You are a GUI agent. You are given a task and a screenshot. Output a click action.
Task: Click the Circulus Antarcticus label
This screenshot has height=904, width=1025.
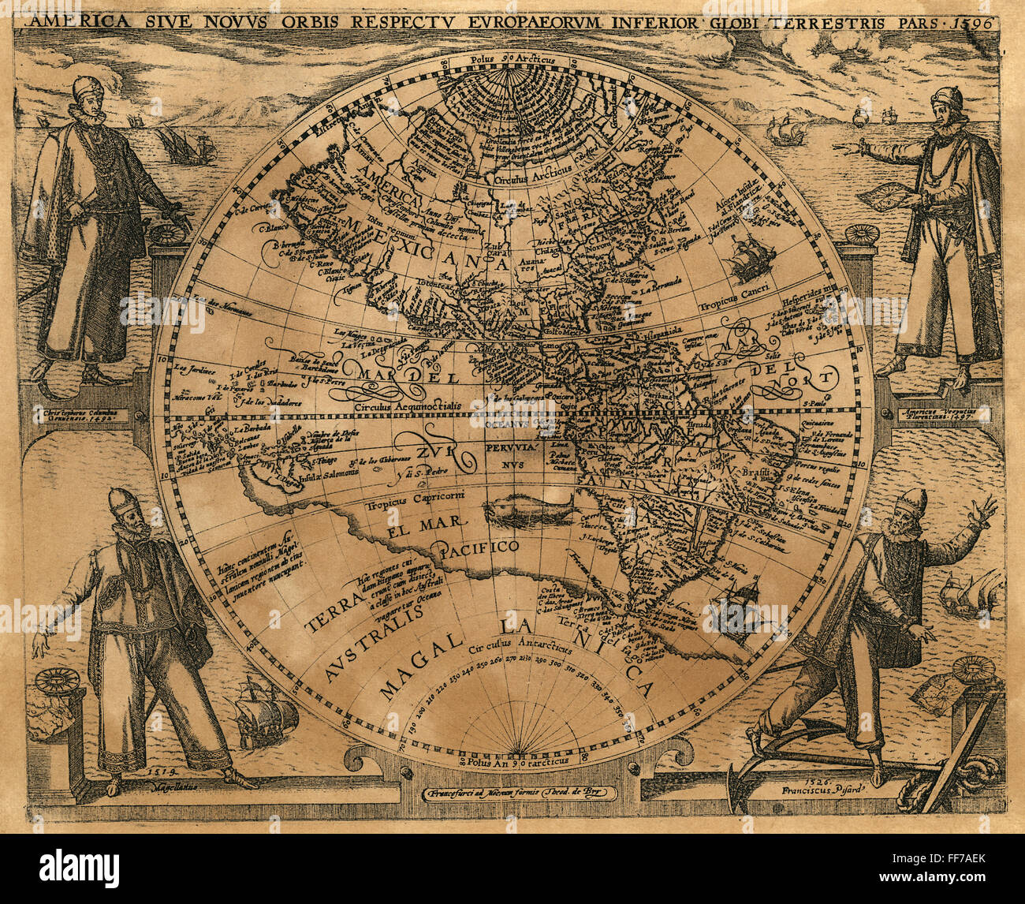click(518, 645)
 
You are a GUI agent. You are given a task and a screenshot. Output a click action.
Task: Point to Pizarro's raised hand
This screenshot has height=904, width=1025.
click(982, 510)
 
